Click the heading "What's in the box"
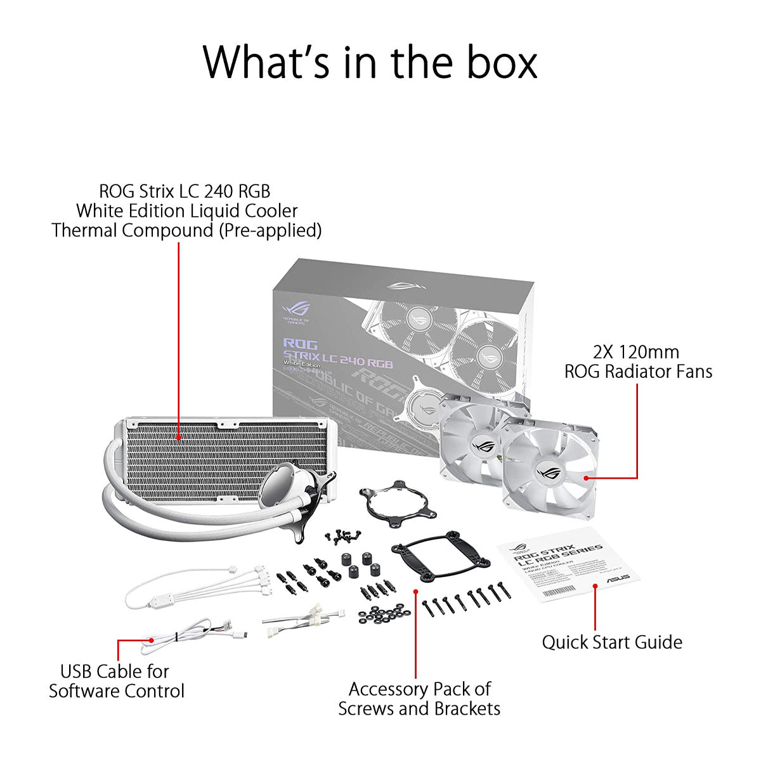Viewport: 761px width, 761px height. pos(370,62)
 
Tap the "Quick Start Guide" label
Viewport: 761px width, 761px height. pos(612,642)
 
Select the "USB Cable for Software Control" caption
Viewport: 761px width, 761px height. pos(117,681)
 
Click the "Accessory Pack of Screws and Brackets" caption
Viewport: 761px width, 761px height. pos(419,698)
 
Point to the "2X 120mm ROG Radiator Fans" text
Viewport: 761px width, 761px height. pos(638,361)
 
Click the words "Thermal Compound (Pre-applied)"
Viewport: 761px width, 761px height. pos(186,230)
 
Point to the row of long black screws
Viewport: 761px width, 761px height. pos(467,600)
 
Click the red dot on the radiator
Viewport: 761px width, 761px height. pos(179,436)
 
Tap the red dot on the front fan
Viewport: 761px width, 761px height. pos(585,478)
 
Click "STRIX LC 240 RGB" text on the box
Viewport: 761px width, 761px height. pos(338,359)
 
